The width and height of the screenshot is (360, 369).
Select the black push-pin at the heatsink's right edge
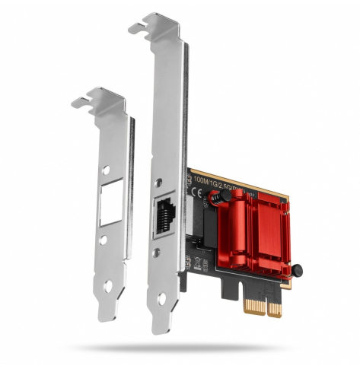click(298, 269)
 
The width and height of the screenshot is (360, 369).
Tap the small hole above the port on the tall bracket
click(161, 183)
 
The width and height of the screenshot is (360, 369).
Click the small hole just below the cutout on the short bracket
click(104, 240)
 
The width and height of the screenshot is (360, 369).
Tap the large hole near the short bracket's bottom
click(107, 287)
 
